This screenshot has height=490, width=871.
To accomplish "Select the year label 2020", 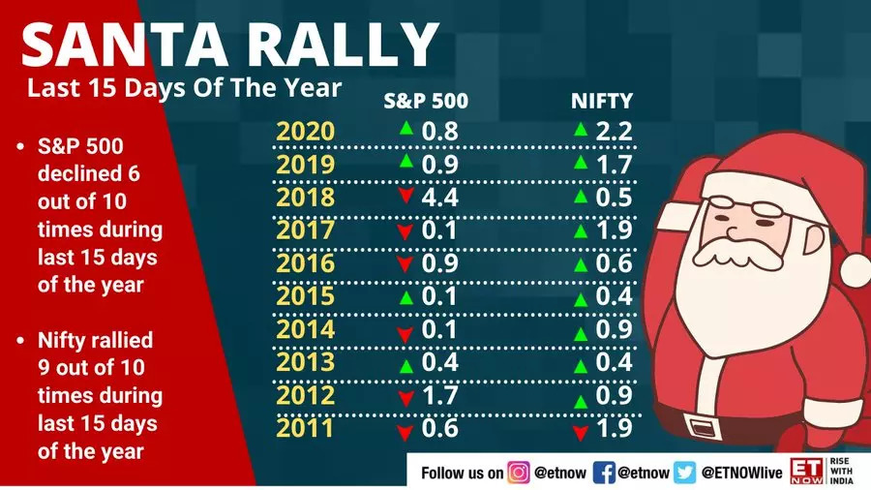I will click(305, 132).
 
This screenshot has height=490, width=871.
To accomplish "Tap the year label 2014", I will click(305, 329).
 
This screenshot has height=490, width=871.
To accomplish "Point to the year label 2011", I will click(305, 427).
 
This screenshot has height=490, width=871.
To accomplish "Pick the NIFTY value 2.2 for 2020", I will click(616, 132).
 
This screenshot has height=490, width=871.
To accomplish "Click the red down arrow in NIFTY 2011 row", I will click(581, 430).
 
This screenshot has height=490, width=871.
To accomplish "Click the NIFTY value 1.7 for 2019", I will click(616, 165).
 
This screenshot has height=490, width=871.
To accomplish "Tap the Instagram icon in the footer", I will click(520, 472).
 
